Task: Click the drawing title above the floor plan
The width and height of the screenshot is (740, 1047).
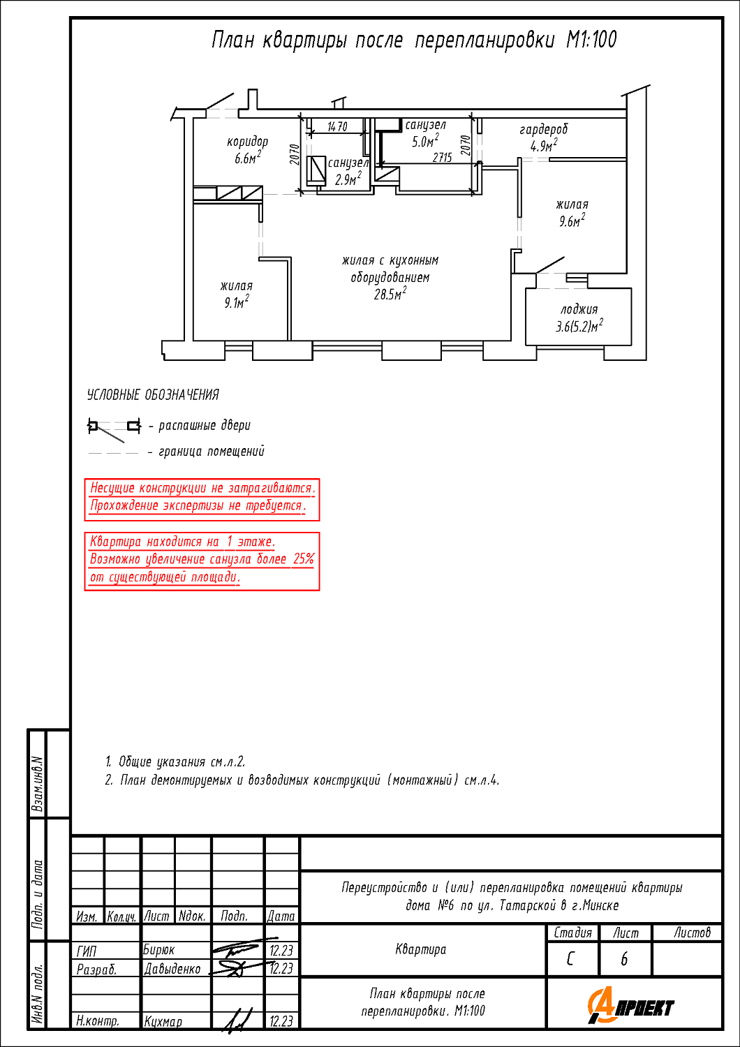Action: tap(414, 40)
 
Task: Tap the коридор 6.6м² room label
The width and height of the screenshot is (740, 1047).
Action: tap(247, 150)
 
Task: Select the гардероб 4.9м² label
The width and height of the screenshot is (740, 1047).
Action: tap(543, 138)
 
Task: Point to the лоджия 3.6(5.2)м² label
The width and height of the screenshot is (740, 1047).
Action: tap(579, 318)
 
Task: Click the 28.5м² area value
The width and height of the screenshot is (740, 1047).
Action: tap(390, 295)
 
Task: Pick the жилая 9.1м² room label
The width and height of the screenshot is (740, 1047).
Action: tap(236, 294)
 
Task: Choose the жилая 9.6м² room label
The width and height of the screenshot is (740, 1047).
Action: tap(572, 213)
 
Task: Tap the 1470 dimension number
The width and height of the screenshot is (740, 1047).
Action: tap(337, 127)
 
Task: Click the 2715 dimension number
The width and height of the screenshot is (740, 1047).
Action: tap(442, 158)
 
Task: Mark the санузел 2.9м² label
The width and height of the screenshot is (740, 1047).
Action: tap(348, 171)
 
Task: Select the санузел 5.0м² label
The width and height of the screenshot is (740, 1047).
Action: tap(425, 133)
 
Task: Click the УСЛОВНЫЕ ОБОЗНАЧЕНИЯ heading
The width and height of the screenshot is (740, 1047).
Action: tap(153, 395)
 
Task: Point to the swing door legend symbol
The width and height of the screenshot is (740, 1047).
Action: tap(114, 427)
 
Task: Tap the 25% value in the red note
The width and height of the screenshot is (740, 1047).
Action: tap(303, 559)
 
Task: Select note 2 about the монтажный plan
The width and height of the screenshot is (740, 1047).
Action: tap(302, 780)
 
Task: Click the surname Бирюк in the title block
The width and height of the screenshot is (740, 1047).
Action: tap(158, 950)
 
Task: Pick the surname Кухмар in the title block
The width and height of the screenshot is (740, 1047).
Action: tap(163, 1021)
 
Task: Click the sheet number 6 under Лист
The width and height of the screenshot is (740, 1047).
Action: tap(624, 960)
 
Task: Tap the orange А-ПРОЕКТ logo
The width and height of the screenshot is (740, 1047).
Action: tap(631, 1007)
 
